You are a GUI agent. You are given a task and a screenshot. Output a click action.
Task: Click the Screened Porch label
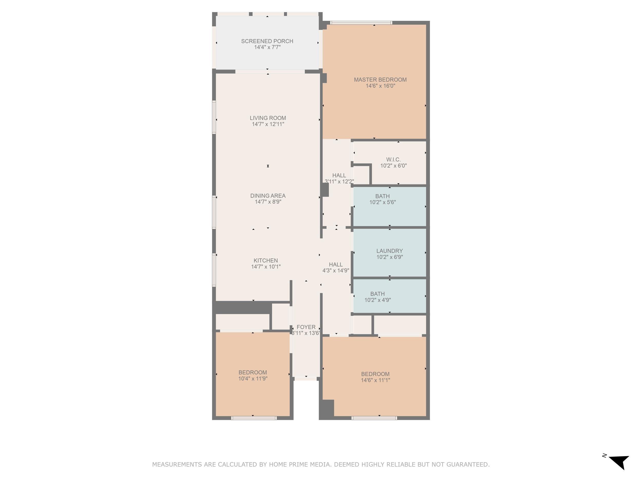click(267, 41)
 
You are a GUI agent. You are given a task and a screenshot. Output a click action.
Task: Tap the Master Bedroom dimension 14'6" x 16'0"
click(380, 86)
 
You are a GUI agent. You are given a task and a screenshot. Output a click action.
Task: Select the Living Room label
click(268, 118)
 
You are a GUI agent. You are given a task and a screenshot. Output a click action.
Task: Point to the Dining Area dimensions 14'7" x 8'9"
click(268, 202)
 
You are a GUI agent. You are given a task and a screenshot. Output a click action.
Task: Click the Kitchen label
click(266, 260)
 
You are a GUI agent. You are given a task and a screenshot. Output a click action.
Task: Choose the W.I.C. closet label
click(393, 160)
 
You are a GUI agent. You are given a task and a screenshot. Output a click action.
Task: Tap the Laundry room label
click(390, 251)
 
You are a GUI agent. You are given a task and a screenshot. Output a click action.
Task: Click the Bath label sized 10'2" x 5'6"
click(382, 196)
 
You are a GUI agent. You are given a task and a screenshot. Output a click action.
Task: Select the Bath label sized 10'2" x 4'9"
click(377, 294)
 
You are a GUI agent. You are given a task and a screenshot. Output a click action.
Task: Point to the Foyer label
click(306, 327)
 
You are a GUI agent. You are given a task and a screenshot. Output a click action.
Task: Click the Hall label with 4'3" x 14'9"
click(336, 264)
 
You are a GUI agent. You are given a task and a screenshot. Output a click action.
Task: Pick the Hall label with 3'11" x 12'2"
click(339, 175)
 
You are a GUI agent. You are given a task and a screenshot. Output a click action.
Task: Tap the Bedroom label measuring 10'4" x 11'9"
click(252, 372)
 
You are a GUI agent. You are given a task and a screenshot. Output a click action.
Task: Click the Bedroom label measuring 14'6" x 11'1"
click(375, 374)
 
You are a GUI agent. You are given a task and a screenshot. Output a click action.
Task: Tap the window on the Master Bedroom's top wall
click(361, 23)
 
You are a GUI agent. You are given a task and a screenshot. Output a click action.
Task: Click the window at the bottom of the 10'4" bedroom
click(254, 418)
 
